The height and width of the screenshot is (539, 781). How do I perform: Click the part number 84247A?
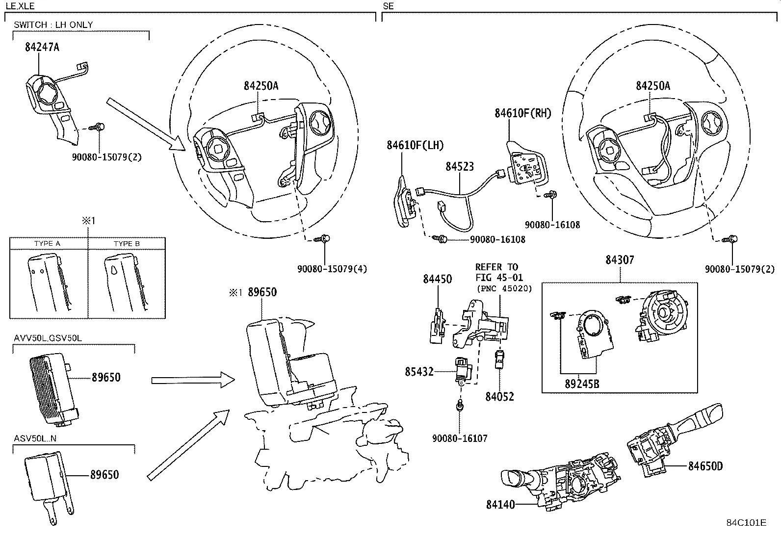[x=42, y=47]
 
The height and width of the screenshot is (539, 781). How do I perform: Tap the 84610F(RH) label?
[x=522, y=113]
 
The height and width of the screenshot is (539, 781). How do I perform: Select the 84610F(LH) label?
[x=415, y=145]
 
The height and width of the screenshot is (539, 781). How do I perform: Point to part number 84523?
[x=460, y=167]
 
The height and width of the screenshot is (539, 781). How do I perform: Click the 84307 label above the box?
[x=619, y=260]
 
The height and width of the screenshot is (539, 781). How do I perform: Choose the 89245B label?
[x=582, y=384]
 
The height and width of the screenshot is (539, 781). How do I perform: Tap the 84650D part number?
[x=705, y=466]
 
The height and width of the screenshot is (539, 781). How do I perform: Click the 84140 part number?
[x=501, y=504]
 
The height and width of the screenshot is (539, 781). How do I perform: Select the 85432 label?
[x=419, y=372]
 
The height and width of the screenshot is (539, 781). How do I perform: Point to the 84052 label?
[x=500, y=396]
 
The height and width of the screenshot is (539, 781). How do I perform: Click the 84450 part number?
[x=438, y=279]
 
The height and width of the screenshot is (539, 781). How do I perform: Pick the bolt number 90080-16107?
[x=460, y=438]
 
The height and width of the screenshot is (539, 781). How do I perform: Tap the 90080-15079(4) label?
[x=332, y=269]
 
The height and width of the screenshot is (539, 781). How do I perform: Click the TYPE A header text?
[x=47, y=244]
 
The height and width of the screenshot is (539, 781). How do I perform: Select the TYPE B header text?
[x=127, y=244]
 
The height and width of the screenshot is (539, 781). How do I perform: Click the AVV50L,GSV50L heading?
[x=48, y=338]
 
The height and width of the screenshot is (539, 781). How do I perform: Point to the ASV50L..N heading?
[x=35, y=438]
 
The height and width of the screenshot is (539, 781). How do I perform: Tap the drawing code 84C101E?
[x=746, y=522]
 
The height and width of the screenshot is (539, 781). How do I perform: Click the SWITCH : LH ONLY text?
[x=53, y=25]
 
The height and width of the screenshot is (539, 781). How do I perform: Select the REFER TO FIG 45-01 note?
[x=496, y=272]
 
